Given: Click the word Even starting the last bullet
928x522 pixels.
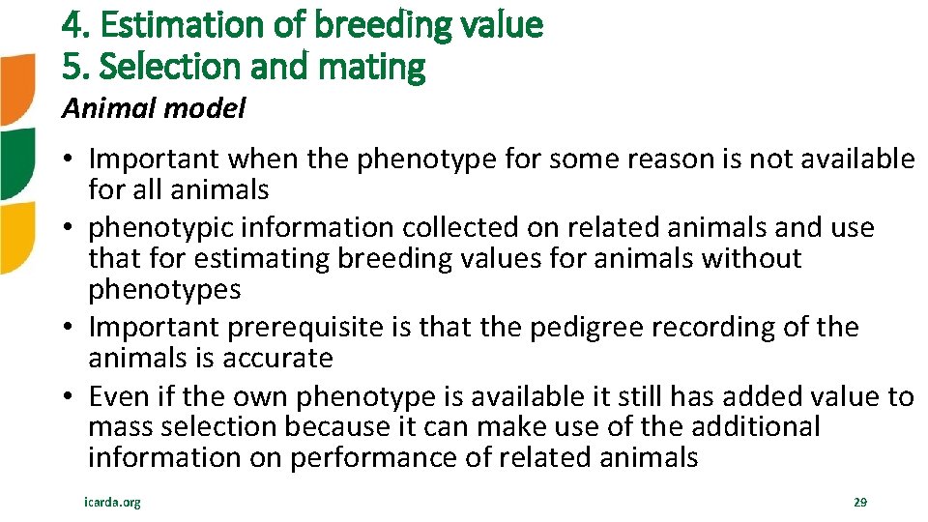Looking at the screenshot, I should click(117, 397).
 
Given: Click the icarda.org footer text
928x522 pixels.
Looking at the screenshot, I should click(113, 503).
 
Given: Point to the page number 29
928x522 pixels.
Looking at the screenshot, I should click(859, 503).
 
